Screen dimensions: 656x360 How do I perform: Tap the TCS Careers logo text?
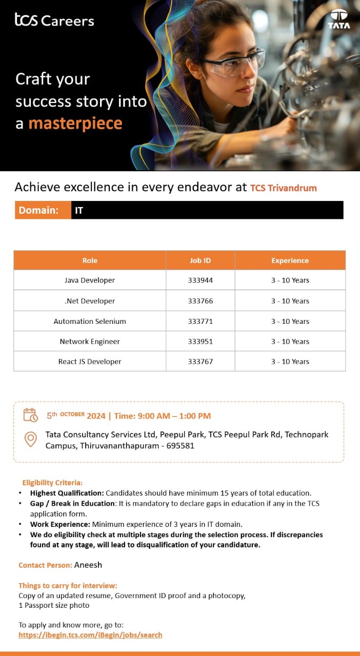(54, 20)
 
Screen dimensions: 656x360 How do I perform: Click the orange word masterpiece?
(75, 124)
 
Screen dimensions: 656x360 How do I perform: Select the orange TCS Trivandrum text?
(284, 188)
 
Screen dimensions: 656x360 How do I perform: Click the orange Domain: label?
(38, 210)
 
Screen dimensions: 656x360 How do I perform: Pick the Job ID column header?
(200, 260)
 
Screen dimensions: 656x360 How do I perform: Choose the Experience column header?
(290, 260)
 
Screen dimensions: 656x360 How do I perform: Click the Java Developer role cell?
(90, 280)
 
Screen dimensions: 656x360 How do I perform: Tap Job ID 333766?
(200, 301)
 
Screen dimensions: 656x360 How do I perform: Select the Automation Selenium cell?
(90, 321)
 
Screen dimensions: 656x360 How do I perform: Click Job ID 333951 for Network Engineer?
(200, 341)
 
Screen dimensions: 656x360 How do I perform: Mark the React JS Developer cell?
(90, 361)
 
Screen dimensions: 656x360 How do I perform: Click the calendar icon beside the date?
(31, 415)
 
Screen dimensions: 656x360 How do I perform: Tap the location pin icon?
(31, 439)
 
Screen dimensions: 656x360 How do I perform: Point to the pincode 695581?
(180, 445)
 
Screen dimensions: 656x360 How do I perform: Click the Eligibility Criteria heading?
(52, 482)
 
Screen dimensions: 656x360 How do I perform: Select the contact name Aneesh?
(88, 565)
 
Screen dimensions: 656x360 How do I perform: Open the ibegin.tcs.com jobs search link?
(90, 634)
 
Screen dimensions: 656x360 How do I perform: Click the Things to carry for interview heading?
(68, 585)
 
